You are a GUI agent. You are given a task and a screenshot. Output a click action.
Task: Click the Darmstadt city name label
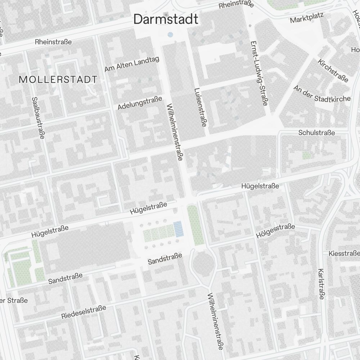coord(166,19)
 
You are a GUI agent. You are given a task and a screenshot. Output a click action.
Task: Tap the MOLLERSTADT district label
coord(58,80)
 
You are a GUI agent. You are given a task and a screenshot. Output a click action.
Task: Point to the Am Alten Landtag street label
coord(132,64)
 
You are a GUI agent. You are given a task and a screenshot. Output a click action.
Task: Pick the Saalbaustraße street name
coord(38,117)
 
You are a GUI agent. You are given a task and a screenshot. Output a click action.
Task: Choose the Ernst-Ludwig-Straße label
coord(258,73)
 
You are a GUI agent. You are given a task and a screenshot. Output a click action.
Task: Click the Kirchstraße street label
coord(333,71)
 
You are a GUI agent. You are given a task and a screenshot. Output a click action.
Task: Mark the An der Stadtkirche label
coord(322,94)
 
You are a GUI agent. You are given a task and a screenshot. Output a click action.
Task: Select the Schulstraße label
coord(316,133)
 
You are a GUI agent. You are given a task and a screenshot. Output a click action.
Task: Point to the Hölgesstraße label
coord(275,231)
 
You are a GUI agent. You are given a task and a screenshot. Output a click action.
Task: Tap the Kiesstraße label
coord(344,253)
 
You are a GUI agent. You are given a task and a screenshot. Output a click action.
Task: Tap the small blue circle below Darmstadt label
coord(170,35)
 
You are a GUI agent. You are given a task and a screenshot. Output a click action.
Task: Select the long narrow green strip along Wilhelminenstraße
coord(195,225)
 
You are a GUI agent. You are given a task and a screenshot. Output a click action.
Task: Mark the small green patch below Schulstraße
coord(306,156)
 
